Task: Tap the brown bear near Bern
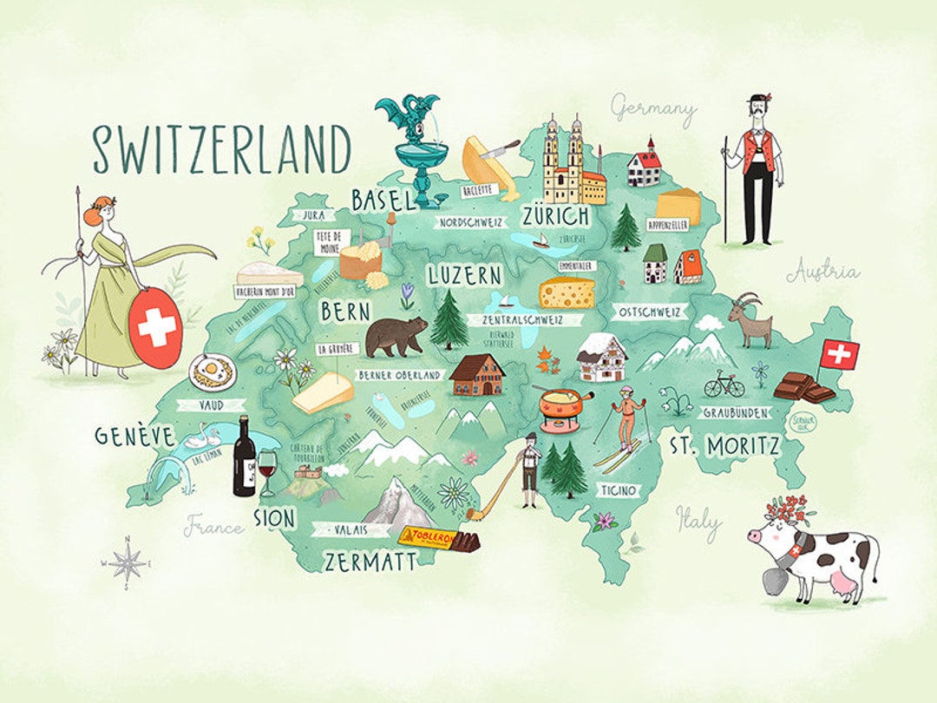pyautogui.click(x=395, y=336)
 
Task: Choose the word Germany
pyautogui.click(x=654, y=109)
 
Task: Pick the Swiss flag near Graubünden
pyautogui.click(x=839, y=353)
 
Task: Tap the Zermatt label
pyautogui.click(x=370, y=562)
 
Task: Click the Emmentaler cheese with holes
pyautogui.click(x=568, y=292)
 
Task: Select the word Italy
pyautogui.click(x=698, y=521)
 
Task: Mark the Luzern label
pyautogui.click(x=464, y=276)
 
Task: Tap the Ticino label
pyautogui.click(x=619, y=490)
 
